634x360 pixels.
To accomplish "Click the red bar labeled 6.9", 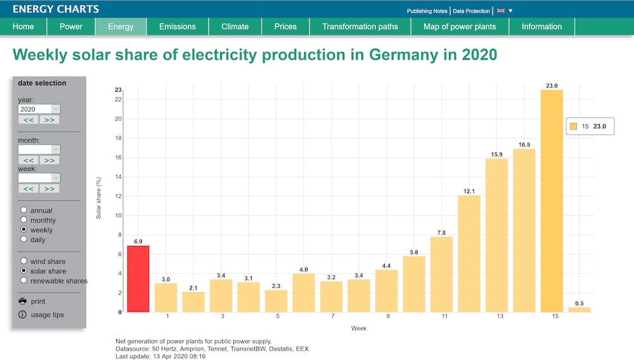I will coord(138,279).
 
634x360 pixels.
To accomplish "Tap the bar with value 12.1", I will coord(469,254).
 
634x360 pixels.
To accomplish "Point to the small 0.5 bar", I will coord(579,309).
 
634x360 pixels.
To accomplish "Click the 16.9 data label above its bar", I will coord(524,145).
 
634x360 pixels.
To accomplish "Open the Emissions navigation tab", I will coord(178,27).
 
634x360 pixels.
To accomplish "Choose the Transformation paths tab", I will coord(360,27).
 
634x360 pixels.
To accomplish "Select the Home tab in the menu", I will coord(23,27).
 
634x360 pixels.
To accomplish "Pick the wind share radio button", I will coord(24,261).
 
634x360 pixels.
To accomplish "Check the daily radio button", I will coord(24,240).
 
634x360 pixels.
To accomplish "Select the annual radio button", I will coord(24,210).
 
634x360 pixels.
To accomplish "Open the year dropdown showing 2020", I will coord(39,109).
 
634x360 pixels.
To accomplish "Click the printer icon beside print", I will coord(23,301).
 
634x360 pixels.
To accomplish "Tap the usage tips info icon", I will coord(23,315).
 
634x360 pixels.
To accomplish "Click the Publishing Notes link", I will coord(427,11).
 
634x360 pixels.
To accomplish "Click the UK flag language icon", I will coord(501,11).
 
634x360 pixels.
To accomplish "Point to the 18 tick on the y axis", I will coord(117,138).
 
